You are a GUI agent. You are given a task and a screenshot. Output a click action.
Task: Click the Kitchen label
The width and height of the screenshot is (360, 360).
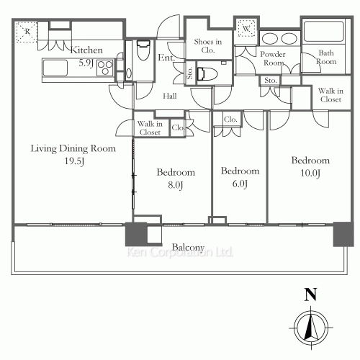click(86, 50)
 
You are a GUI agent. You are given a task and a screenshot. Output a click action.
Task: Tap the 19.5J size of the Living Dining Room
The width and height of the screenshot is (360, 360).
click(74, 161)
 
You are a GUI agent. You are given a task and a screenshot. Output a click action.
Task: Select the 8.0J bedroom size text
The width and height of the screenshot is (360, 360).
click(176, 185)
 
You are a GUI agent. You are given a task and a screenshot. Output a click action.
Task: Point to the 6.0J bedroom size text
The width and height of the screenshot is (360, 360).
click(240, 184)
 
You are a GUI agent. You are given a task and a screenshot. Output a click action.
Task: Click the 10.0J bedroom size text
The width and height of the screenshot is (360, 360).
click(310, 173)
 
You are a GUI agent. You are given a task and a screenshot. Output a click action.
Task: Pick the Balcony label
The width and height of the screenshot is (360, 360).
click(188, 247)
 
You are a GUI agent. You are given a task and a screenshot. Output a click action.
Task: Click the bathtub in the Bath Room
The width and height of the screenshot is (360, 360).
click(323, 32)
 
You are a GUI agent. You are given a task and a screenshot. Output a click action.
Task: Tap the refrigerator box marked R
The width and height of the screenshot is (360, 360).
click(27, 32)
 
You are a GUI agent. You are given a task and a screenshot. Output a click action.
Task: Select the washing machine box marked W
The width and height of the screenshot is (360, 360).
click(246, 29)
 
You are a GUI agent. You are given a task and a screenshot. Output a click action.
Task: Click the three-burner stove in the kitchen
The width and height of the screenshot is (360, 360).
click(105, 68)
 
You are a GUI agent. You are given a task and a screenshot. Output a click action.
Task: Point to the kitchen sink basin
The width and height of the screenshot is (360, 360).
click(55, 68)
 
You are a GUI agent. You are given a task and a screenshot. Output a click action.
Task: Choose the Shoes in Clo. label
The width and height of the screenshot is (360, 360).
click(208, 45)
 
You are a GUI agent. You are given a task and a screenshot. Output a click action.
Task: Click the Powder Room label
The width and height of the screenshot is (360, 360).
click(273, 58)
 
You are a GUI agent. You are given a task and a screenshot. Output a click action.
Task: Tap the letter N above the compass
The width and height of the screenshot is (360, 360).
click(310, 294)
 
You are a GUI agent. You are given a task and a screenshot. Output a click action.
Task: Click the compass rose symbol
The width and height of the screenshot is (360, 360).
click(311, 328)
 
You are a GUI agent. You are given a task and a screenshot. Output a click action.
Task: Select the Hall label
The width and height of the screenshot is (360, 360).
click(170, 96)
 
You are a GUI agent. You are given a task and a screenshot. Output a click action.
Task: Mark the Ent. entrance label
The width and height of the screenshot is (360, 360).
click(166, 58)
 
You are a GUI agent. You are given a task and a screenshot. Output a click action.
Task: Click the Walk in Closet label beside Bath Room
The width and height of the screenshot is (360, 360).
click(330, 95)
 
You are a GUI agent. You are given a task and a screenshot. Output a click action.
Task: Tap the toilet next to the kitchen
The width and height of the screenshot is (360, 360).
click(143, 50)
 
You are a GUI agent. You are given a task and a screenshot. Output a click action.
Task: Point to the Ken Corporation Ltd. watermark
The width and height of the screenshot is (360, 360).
click(180, 252)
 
